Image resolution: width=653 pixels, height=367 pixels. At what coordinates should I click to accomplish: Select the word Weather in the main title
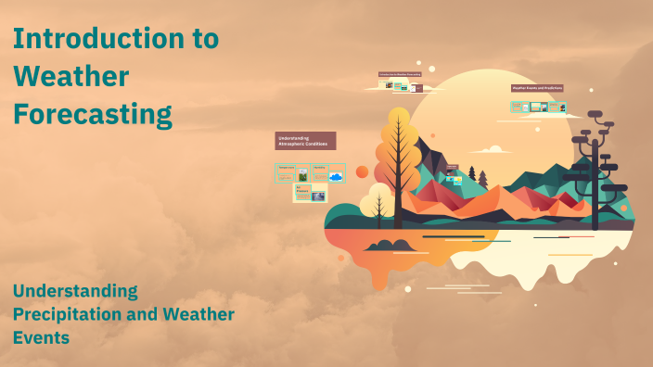(x=70, y=77)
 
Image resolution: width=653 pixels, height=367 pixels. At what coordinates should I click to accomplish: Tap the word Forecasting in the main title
(x=93, y=115)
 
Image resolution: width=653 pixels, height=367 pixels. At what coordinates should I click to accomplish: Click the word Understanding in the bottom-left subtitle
(x=74, y=291)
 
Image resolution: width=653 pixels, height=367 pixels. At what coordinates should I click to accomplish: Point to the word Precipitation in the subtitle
(x=68, y=314)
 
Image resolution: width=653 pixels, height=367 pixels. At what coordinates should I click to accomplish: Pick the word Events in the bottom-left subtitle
(x=41, y=337)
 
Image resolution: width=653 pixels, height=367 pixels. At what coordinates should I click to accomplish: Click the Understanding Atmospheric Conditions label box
(x=305, y=141)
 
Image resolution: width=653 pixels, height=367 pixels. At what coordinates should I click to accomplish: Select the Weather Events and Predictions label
(x=537, y=88)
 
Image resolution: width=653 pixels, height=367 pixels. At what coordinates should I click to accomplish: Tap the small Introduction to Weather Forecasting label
(x=400, y=74)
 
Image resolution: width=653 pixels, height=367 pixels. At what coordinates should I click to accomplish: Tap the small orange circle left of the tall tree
(x=362, y=171)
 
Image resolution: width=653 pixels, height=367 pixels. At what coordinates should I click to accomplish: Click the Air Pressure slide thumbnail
(x=310, y=193)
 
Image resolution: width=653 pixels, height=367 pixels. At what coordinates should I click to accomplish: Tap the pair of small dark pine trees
(x=477, y=173)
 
